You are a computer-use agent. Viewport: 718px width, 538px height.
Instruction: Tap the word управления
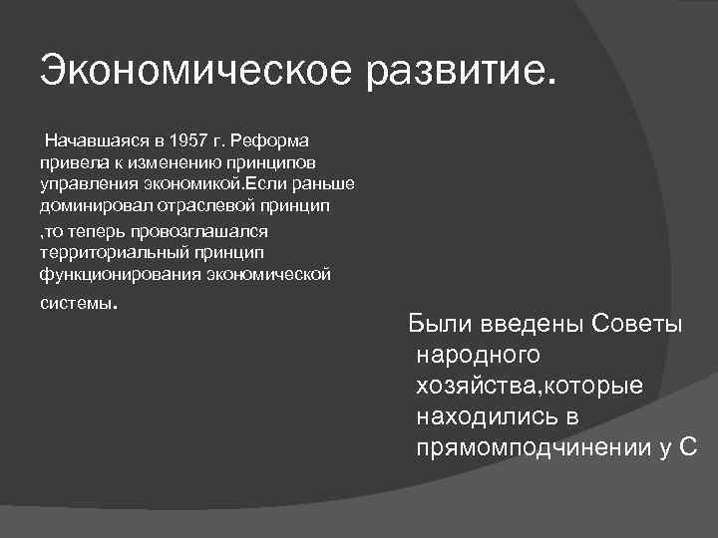[x=86, y=186]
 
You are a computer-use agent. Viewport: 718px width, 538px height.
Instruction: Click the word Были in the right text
[x=443, y=326]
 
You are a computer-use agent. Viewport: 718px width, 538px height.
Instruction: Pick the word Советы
[x=637, y=326]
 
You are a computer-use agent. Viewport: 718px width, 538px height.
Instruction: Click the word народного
[x=478, y=356]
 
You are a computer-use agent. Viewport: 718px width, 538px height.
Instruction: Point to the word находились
[x=489, y=415]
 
